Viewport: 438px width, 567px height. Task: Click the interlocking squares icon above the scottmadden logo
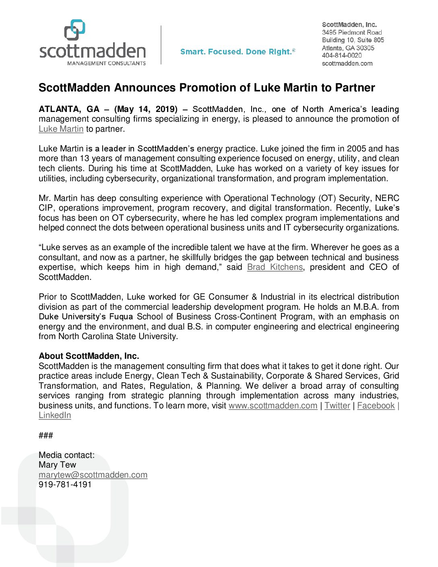tap(75, 30)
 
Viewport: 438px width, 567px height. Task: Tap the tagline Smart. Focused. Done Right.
tap(238, 52)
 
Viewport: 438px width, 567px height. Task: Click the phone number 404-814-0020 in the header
tap(342, 56)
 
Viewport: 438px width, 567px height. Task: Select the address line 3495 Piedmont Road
tap(352, 32)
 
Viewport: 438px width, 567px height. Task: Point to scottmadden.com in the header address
tap(347, 63)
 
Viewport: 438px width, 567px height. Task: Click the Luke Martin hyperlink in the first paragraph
tap(61, 129)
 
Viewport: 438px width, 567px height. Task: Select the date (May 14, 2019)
tap(146, 109)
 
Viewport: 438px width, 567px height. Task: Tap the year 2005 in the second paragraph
tap(356, 149)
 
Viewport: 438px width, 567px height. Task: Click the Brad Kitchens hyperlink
tap(275, 267)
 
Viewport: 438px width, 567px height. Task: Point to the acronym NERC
tap(387, 198)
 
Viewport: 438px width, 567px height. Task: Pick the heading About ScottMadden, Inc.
tap(89, 356)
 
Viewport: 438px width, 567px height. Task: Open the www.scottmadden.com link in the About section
tap(273, 406)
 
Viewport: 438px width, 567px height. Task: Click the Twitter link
tap(337, 406)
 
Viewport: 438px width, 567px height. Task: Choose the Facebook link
tap(376, 406)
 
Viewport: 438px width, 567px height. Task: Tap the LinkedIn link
tap(55, 415)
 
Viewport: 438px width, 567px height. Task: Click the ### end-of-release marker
tap(46, 435)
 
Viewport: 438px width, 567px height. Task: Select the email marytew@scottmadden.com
tap(93, 475)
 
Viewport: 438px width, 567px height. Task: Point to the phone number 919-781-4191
tap(65, 484)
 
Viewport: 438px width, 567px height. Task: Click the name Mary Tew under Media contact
tap(57, 465)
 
